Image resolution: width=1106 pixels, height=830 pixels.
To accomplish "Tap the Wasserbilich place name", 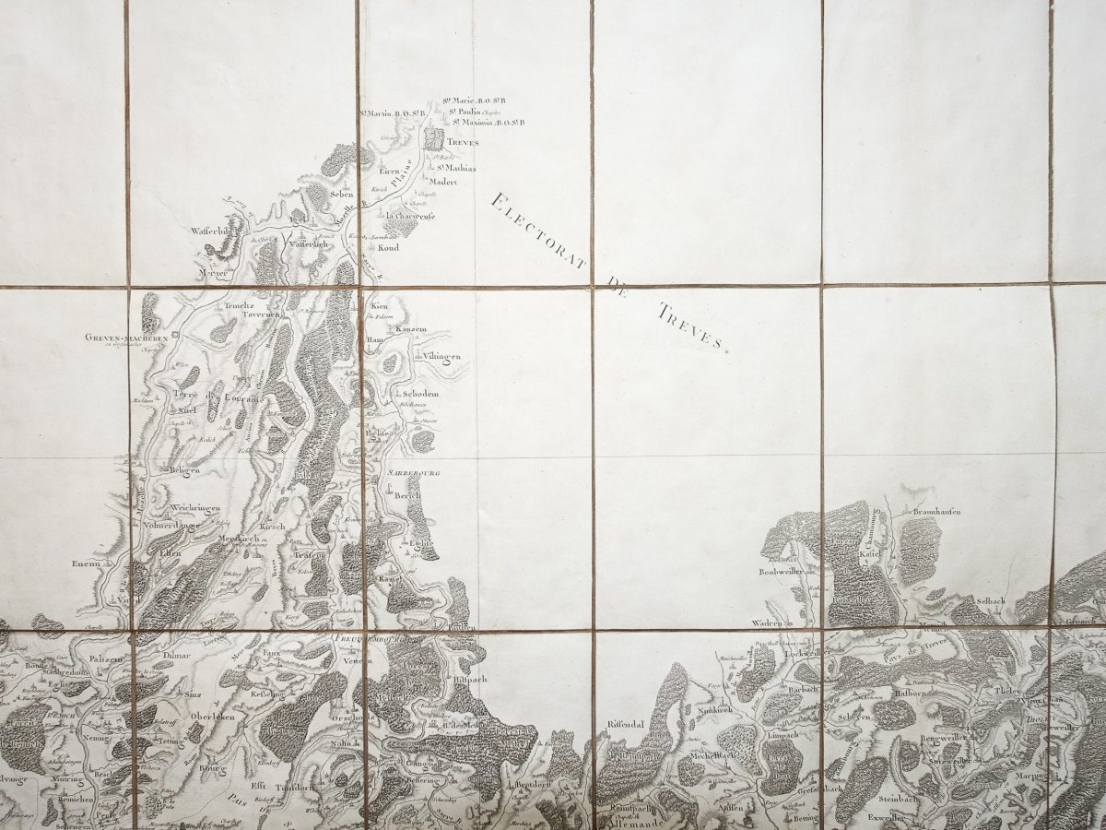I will (215, 231).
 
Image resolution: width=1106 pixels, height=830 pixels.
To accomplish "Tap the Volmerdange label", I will (172, 526).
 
